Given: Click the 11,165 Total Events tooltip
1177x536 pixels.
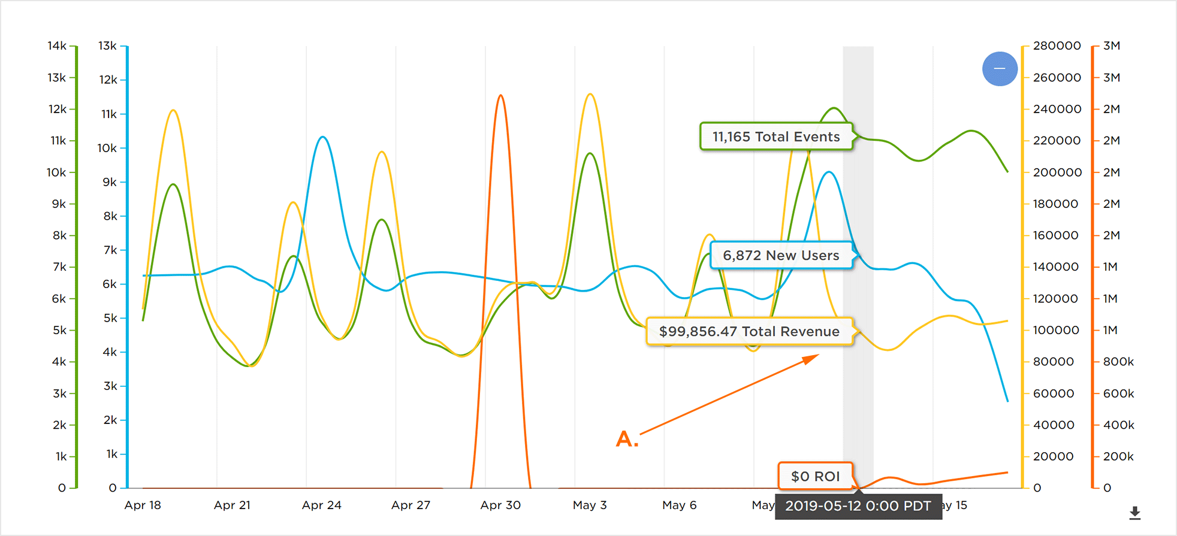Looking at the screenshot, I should click(776, 137).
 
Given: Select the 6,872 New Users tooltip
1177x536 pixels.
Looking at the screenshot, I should click(781, 255).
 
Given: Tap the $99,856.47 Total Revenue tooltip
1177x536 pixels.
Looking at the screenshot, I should click(749, 331).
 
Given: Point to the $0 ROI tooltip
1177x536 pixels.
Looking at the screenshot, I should click(815, 476).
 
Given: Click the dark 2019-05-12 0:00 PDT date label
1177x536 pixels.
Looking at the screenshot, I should click(858, 506).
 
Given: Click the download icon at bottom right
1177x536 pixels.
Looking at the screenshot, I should click(1134, 513).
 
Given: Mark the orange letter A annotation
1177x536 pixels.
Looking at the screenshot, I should click(627, 439).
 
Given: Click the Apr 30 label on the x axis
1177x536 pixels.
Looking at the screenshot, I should click(500, 505).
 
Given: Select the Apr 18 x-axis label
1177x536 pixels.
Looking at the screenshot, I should click(143, 505).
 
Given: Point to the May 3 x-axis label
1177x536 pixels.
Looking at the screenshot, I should click(590, 505).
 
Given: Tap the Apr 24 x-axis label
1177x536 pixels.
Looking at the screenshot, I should click(322, 505).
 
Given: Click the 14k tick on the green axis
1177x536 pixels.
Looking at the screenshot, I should click(57, 46).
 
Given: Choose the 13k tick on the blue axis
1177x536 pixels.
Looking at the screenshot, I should click(108, 46).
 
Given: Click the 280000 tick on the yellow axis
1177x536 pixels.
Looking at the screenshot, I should click(1057, 46).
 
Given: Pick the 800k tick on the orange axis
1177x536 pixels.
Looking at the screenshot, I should click(1118, 362).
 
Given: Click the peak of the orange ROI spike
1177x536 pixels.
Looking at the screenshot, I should click(500, 95).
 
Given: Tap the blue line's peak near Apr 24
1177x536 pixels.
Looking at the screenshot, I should click(323, 137).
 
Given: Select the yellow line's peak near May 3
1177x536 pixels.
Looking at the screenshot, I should click(591, 94).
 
